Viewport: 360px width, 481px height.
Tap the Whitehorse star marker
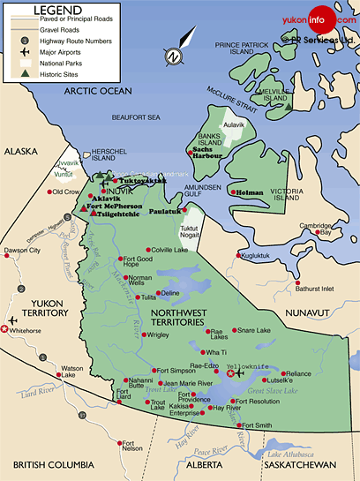(6, 329)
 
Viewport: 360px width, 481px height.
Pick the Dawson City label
(23, 251)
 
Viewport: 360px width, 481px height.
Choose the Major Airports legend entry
(58, 52)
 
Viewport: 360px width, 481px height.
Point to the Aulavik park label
(234, 125)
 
